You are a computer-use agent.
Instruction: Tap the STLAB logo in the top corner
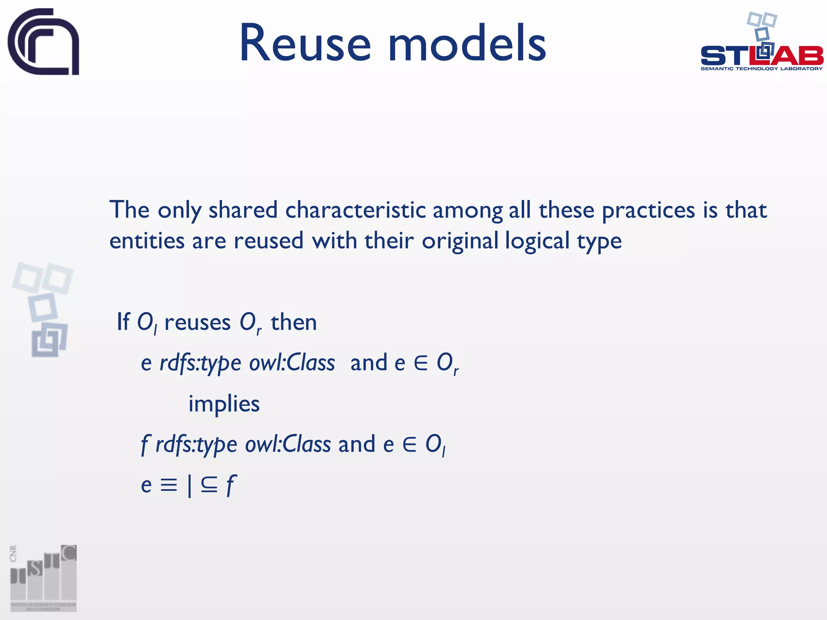(762, 44)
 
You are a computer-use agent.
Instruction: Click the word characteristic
(355, 210)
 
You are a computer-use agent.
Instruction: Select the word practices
(648, 211)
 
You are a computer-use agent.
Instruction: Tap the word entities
(147, 241)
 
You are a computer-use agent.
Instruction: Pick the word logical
(537, 241)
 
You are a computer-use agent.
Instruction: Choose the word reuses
(197, 323)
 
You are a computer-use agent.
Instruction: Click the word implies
(224, 404)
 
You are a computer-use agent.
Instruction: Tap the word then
(294, 323)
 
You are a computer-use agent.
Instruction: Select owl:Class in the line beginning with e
(292, 362)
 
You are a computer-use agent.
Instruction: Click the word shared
(243, 210)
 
